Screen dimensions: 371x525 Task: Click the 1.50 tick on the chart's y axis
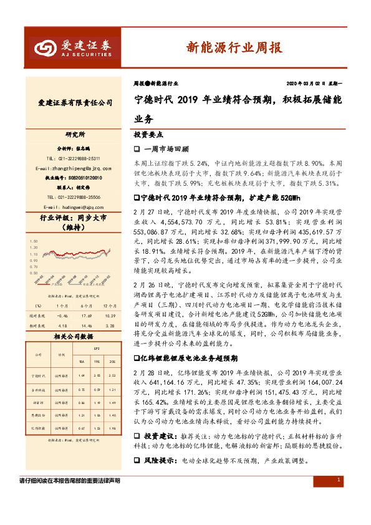tap(34, 241)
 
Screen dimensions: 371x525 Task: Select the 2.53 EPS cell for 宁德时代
tap(112, 376)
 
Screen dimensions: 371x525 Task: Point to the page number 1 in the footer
tap(337, 497)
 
